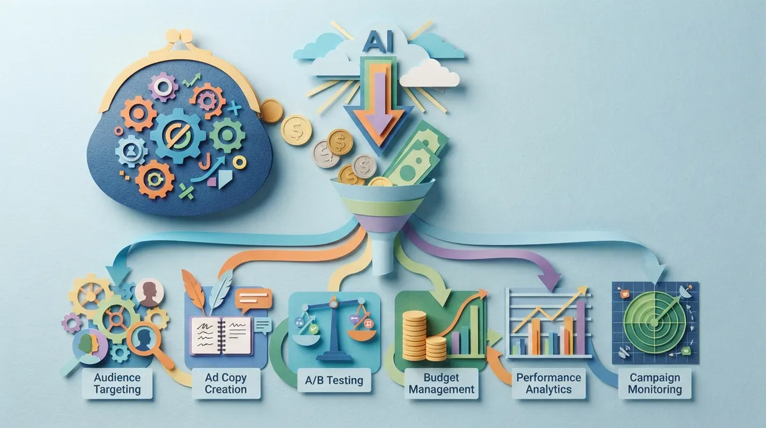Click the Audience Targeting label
coord(117,383)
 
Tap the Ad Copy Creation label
coord(226,383)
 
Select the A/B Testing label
coord(334,380)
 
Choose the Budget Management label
coord(442,383)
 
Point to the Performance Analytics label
coord(548,383)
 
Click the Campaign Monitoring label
coord(655,383)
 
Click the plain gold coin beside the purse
coord(271,111)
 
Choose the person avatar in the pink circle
coord(149,293)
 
